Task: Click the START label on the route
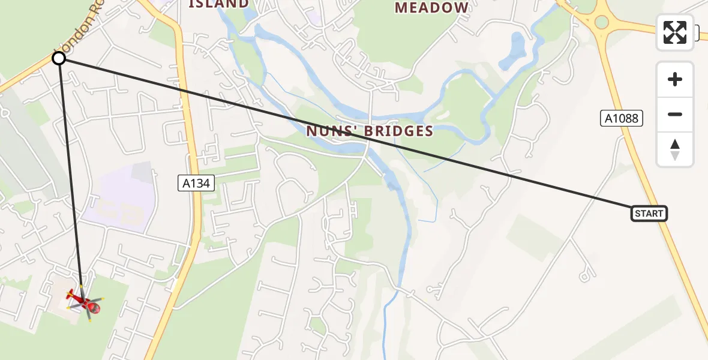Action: tap(649, 214)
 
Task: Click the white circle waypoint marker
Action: tap(59, 58)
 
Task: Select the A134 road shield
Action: tap(196, 183)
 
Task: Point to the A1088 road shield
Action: tap(622, 118)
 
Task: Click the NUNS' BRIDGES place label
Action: tap(370, 131)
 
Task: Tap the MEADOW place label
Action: tap(431, 8)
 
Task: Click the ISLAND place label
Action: tap(218, 4)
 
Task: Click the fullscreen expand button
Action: tap(675, 32)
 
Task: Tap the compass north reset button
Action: tap(675, 149)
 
